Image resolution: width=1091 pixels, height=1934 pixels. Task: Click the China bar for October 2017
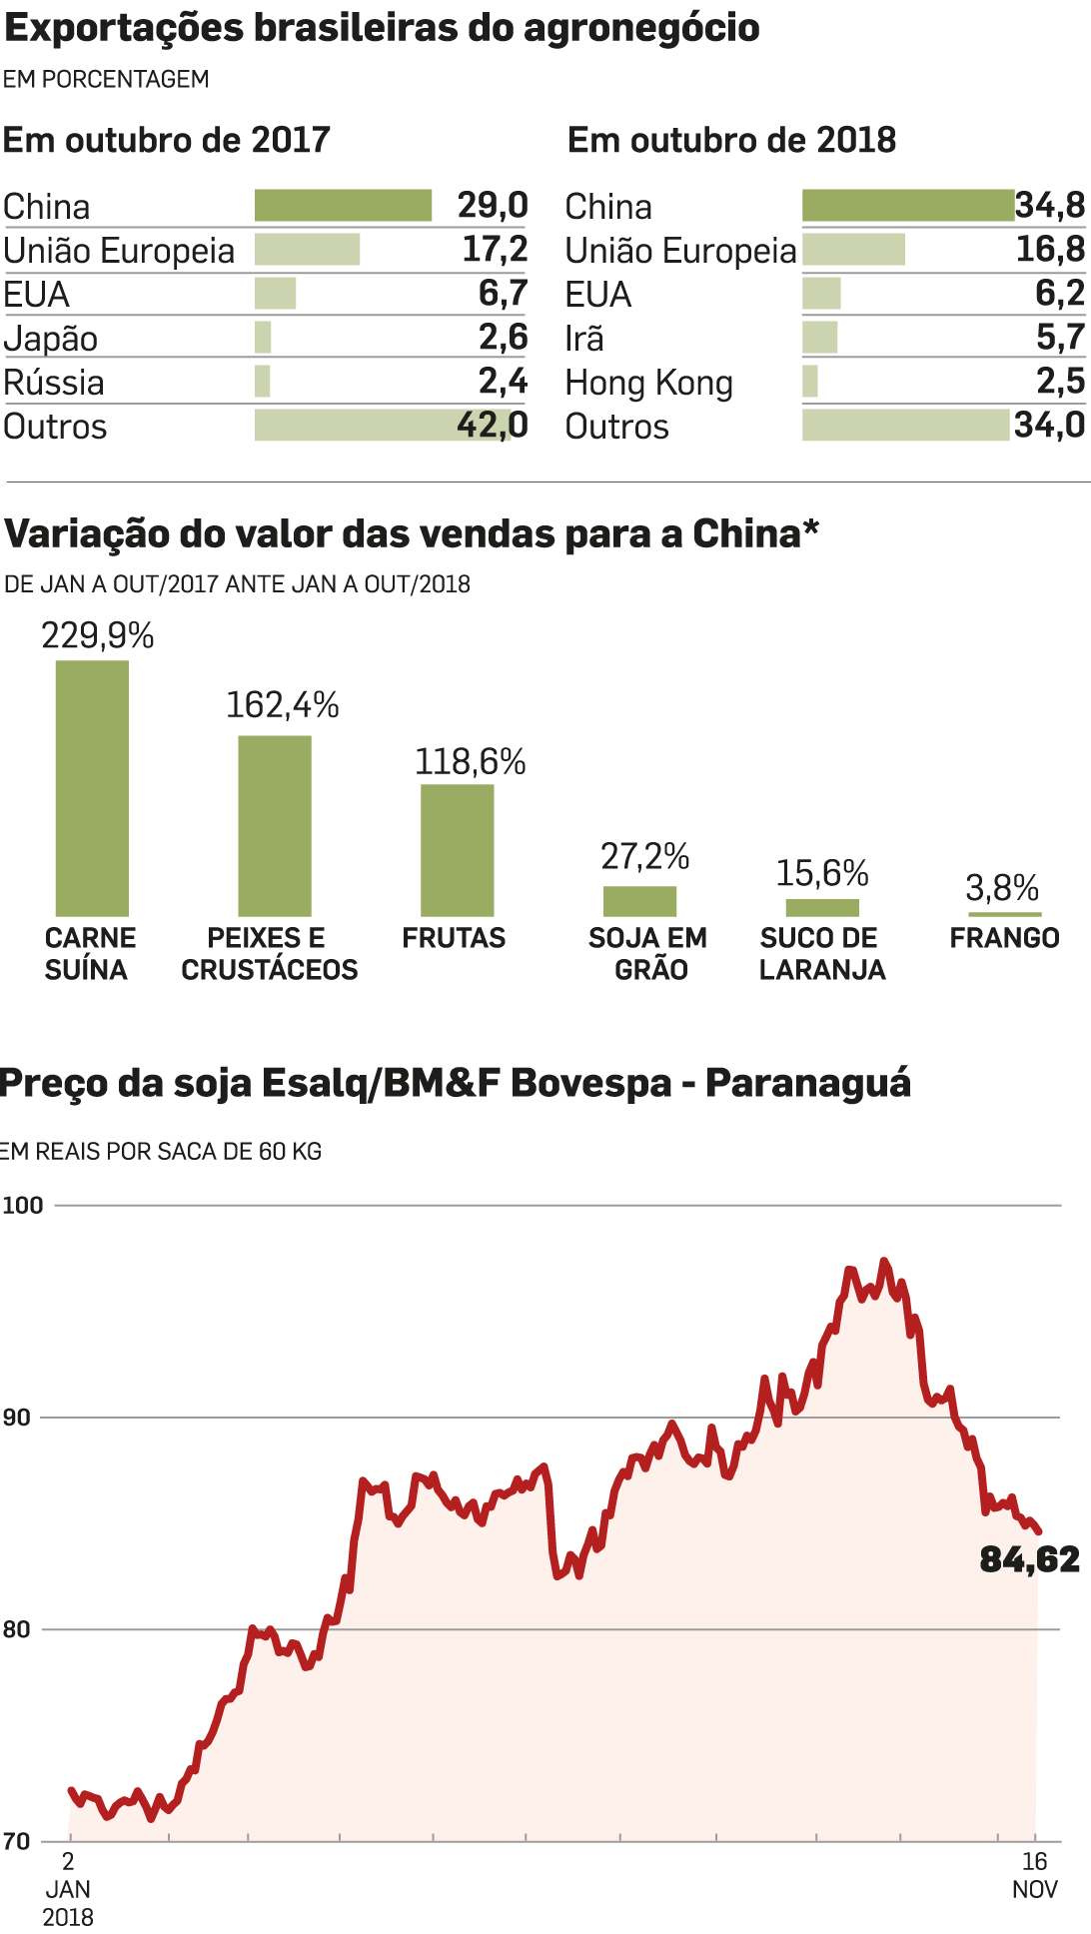(x=343, y=206)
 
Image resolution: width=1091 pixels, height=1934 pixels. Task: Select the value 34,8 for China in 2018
(x=1049, y=206)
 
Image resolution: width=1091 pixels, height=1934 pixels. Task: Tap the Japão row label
(x=51, y=339)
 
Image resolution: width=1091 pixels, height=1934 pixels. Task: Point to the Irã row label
(x=584, y=339)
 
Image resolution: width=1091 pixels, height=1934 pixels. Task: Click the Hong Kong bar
(x=810, y=382)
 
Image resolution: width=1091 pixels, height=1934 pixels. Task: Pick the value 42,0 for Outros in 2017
(x=492, y=426)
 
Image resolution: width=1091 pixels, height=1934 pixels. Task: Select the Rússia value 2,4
(x=503, y=382)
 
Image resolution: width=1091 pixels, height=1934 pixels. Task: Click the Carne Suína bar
(x=92, y=788)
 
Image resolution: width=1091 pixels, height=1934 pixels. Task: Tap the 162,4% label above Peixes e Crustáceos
(x=283, y=705)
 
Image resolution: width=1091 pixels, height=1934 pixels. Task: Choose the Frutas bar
(x=457, y=850)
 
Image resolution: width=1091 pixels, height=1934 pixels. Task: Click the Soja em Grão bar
(x=639, y=901)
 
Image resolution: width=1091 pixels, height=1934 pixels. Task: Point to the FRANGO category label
(x=1004, y=938)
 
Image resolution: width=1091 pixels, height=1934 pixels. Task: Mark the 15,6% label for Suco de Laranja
(x=822, y=873)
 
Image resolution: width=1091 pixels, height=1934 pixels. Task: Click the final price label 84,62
(x=1029, y=1559)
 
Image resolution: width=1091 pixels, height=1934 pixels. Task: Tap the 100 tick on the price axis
(x=23, y=1205)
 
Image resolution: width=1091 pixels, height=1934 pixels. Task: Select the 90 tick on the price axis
(x=16, y=1418)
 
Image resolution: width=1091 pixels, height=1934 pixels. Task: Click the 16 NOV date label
(x=1035, y=1875)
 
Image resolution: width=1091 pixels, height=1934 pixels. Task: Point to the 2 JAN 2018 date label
(x=68, y=1889)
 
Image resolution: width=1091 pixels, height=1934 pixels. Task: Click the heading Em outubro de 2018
(x=731, y=140)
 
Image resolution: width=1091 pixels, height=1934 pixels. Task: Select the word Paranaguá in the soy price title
(x=808, y=1083)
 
